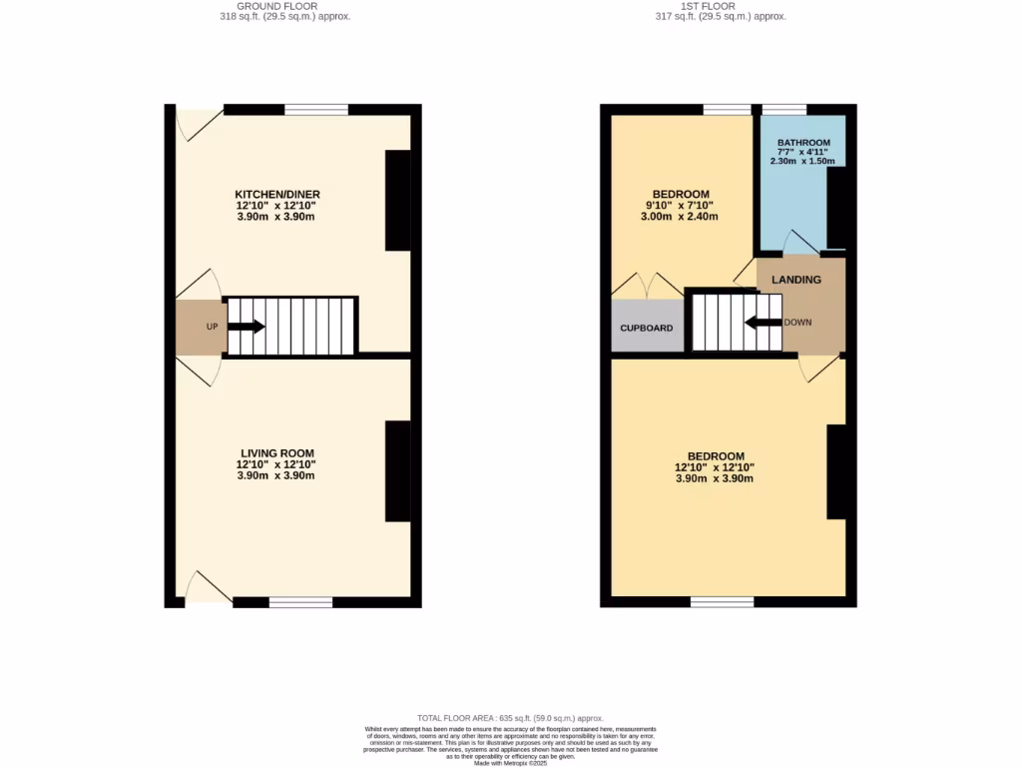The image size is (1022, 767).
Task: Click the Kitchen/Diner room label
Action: pos(276,194)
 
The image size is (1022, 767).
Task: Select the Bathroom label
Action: pos(802,143)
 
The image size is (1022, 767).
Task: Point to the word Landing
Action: pos(796,280)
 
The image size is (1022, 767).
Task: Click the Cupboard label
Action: pos(647,329)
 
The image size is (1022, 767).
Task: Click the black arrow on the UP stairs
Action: pos(247,327)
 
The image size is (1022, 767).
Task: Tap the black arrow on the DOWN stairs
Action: pos(764,322)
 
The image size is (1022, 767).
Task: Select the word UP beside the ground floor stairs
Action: pos(212,328)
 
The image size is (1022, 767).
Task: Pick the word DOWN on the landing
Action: pos(797,323)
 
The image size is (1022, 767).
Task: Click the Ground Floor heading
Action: pos(284,6)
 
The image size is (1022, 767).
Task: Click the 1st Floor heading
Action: pos(721,6)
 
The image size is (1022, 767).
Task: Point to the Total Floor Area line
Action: pos(511,718)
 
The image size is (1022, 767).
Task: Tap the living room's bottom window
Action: pos(300,602)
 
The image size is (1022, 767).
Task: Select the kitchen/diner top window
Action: pos(316,110)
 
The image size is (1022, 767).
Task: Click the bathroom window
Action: pos(784,110)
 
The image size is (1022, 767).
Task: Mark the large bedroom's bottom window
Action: pos(723,602)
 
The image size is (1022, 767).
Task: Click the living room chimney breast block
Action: pos(398,471)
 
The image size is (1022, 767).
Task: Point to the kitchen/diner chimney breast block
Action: pos(398,200)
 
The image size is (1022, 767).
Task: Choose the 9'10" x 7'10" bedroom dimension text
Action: pos(681,206)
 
